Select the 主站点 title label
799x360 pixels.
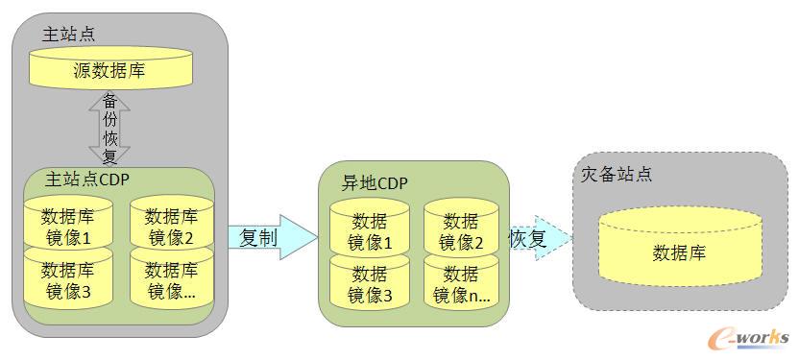tap(69, 35)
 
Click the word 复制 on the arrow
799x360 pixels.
tap(259, 237)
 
